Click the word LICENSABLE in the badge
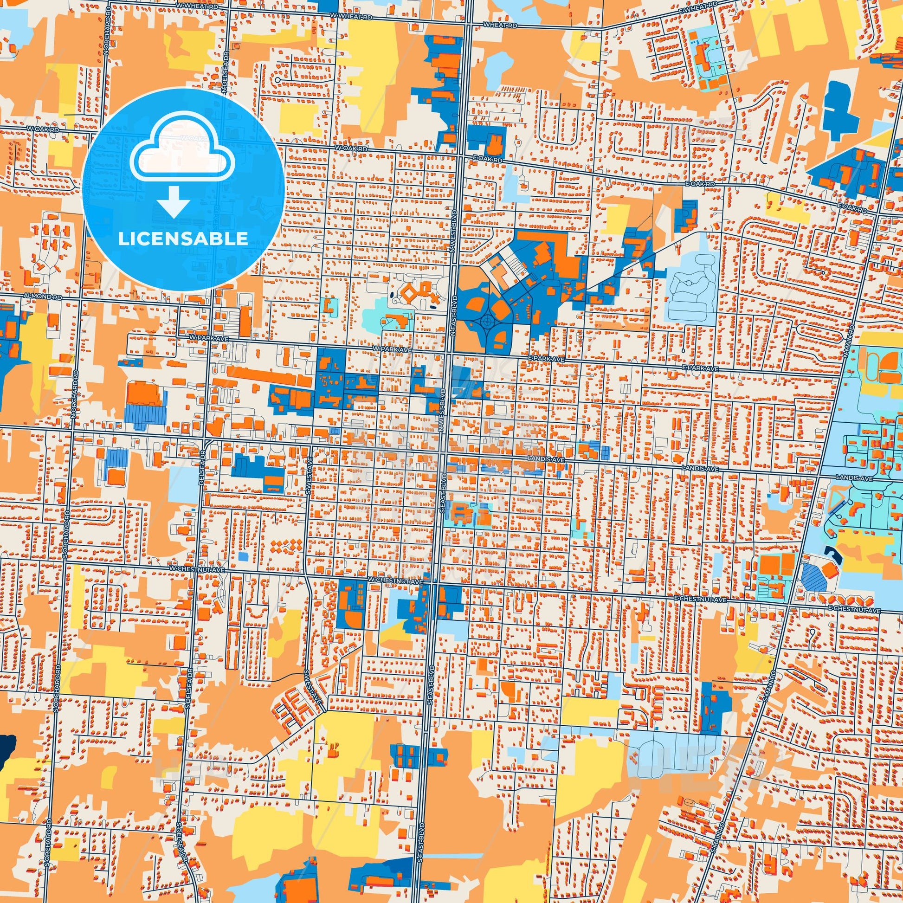coord(183,239)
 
